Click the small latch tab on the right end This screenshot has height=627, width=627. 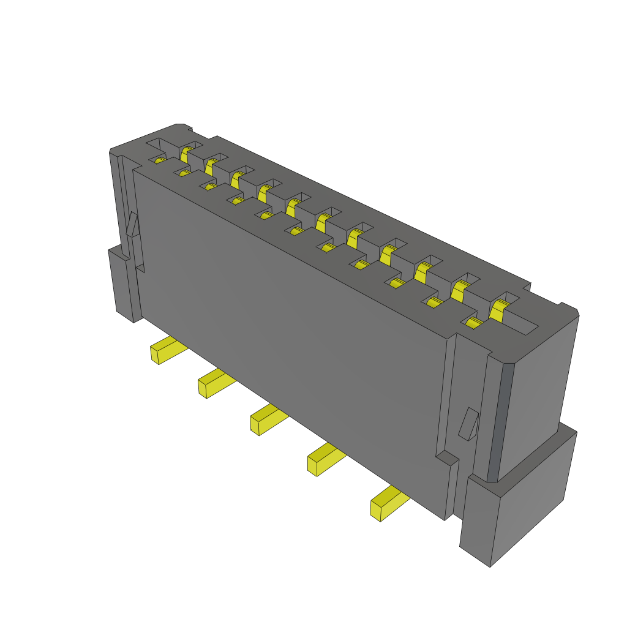pyautogui.click(x=469, y=424)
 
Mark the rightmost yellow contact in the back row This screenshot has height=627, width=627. pyautogui.click(x=498, y=310)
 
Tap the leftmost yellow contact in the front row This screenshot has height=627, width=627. pyautogui.click(x=159, y=160)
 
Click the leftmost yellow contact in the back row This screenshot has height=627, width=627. pyautogui.click(x=186, y=152)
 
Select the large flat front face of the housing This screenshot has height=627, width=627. pyautogui.click(x=288, y=325)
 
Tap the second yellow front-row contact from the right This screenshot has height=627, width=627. pyautogui.click(x=434, y=302)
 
